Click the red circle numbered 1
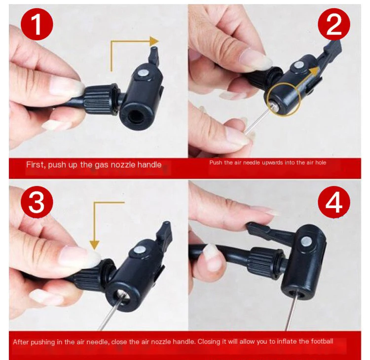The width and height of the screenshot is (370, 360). click(x=37, y=24)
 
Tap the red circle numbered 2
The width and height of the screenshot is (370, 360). click(x=333, y=24)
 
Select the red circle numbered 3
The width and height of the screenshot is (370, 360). click(x=37, y=202)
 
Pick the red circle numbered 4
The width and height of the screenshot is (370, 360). click(x=333, y=202)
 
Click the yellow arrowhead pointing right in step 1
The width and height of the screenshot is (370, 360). click(x=154, y=41)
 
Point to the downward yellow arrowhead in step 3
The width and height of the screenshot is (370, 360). click(x=95, y=245)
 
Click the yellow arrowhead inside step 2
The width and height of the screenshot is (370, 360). click(x=314, y=71)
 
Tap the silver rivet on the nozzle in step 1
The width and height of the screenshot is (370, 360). click(x=143, y=73)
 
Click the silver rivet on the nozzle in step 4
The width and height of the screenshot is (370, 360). click(x=306, y=242)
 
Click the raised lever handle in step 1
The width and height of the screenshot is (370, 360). click(x=154, y=56)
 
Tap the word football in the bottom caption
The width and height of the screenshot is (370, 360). click(x=322, y=341)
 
